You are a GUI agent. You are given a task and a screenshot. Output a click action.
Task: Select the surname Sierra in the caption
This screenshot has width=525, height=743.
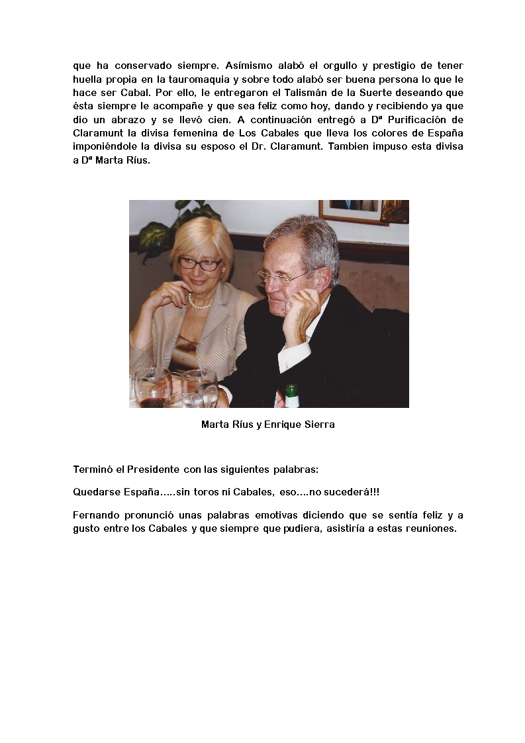click(320, 424)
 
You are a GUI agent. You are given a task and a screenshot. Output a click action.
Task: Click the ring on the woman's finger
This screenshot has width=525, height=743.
click(170, 295)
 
